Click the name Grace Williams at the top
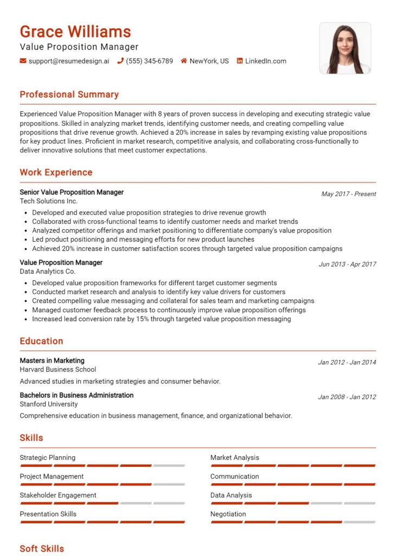pyautogui.click(x=75, y=31)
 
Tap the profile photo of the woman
pyautogui.click(x=345, y=48)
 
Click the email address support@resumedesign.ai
pyautogui.click(x=69, y=61)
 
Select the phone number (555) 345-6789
pyautogui.click(x=149, y=61)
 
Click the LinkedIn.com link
pyautogui.click(x=265, y=61)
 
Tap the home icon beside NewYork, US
pyautogui.click(x=184, y=61)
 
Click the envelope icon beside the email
pyautogui.click(x=23, y=61)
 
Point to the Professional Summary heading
pyautogui.click(x=69, y=94)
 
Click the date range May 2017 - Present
pyautogui.click(x=348, y=194)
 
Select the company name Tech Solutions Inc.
pyautogui.click(x=49, y=201)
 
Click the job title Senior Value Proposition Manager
pyautogui.click(x=72, y=192)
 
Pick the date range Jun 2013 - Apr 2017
pyautogui.click(x=347, y=264)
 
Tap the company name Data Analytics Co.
pyautogui.click(x=48, y=271)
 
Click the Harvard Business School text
pyautogui.click(x=58, y=369)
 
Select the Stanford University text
pyautogui.click(x=49, y=404)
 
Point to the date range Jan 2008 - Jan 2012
pyautogui.click(x=347, y=397)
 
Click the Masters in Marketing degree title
pyautogui.click(x=52, y=361)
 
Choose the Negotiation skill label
pyautogui.click(x=228, y=514)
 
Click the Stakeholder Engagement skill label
pyautogui.click(x=58, y=495)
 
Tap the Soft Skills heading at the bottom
pyautogui.click(x=42, y=548)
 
